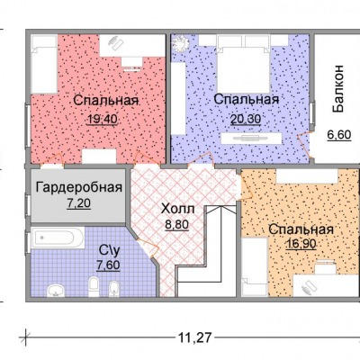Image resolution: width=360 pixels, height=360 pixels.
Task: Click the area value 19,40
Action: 103,120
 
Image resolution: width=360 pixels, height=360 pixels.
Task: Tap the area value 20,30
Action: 246,119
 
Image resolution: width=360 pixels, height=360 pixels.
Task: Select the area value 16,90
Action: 301,244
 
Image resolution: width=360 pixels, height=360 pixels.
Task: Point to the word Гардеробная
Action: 79,188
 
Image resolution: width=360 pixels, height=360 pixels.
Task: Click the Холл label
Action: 178,209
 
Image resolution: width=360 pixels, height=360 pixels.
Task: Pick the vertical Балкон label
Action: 338,88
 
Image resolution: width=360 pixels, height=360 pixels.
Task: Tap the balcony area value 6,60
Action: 339,135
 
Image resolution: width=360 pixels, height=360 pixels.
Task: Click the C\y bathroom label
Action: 109,250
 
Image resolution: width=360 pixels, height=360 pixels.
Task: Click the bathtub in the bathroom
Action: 58,238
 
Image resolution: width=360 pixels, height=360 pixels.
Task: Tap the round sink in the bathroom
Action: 56,291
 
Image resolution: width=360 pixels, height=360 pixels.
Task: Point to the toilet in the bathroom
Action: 94,286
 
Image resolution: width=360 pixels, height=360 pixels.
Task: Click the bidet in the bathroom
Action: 114,289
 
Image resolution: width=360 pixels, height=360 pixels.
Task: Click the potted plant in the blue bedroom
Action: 180,43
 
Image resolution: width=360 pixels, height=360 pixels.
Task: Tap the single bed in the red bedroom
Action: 44,65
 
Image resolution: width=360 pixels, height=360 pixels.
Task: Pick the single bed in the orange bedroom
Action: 255,266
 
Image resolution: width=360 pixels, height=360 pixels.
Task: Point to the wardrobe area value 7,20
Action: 79,203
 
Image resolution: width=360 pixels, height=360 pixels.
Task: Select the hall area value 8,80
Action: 177,224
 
